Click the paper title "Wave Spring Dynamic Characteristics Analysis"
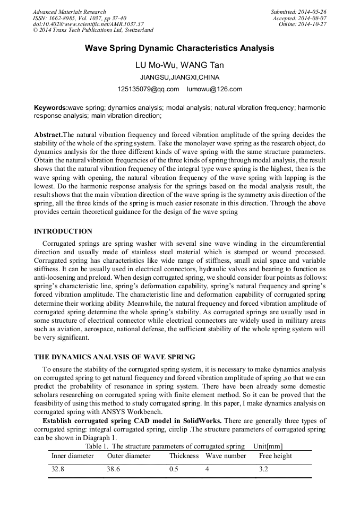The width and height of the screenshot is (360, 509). pyautogui.click(x=179, y=48)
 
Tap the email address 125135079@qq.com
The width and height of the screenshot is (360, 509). pyautogui.click(x=148, y=89)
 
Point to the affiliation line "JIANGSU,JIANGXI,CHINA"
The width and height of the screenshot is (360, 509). pyautogui.click(x=179, y=77)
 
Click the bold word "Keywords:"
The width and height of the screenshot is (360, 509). pyautogui.click(x=51, y=108)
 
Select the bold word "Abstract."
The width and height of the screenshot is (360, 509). pyautogui.click(x=48, y=135)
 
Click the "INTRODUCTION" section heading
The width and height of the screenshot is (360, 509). pyautogui.click(x=63, y=231)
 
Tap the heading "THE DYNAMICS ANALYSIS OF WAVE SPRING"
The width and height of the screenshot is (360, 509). pyautogui.click(x=114, y=357)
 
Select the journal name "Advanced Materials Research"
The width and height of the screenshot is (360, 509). pyautogui.click(x=70, y=12)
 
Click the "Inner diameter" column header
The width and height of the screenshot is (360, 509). pyautogui.click(x=73, y=456)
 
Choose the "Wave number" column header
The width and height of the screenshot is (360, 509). pyautogui.click(x=226, y=456)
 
